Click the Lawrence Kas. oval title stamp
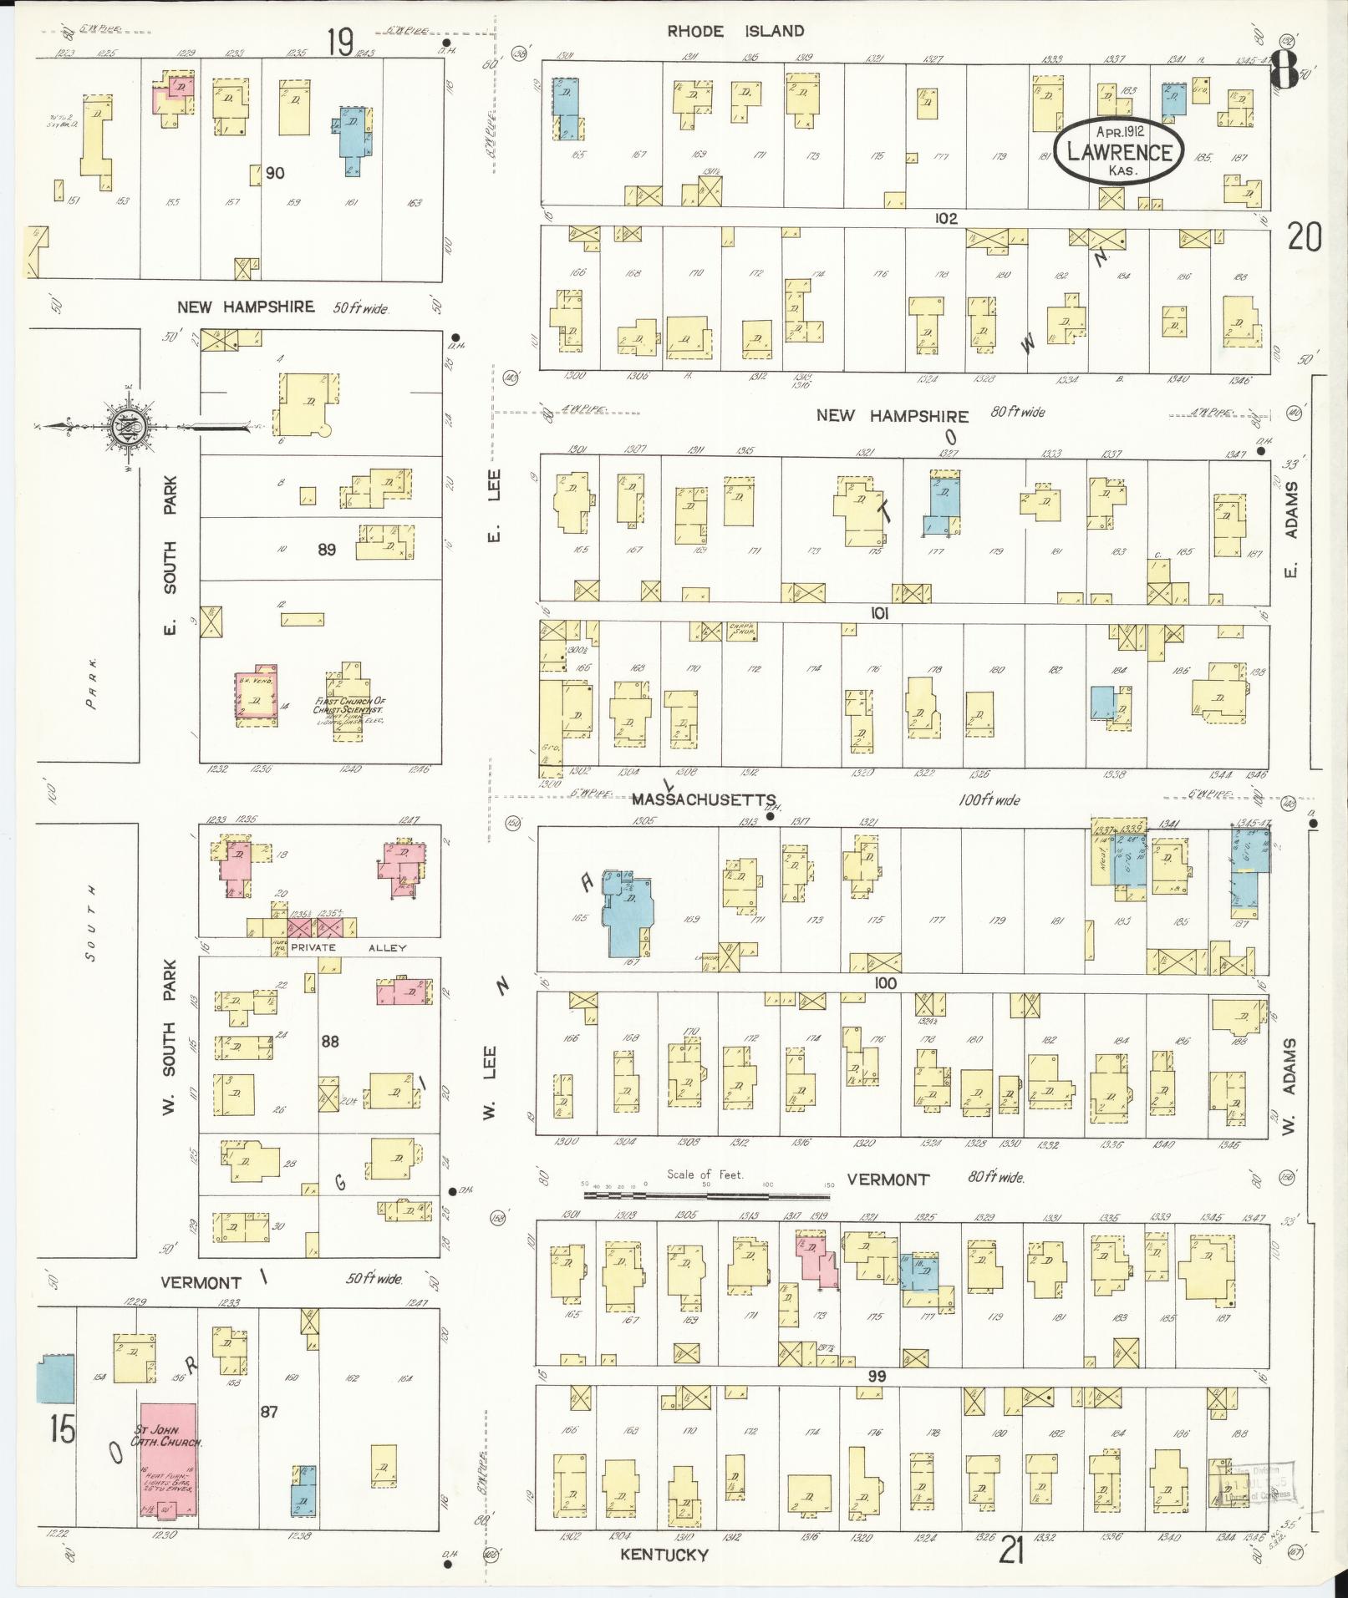click(1117, 151)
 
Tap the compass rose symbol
click(128, 427)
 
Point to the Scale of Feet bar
click(707, 1195)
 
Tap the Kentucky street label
click(664, 1555)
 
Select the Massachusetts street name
click(704, 799)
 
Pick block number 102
click(945, 218)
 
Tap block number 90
click(275, 173)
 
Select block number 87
click(270, 1412)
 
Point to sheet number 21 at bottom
click(1012, 1551)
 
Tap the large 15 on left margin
click(62, 1430)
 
